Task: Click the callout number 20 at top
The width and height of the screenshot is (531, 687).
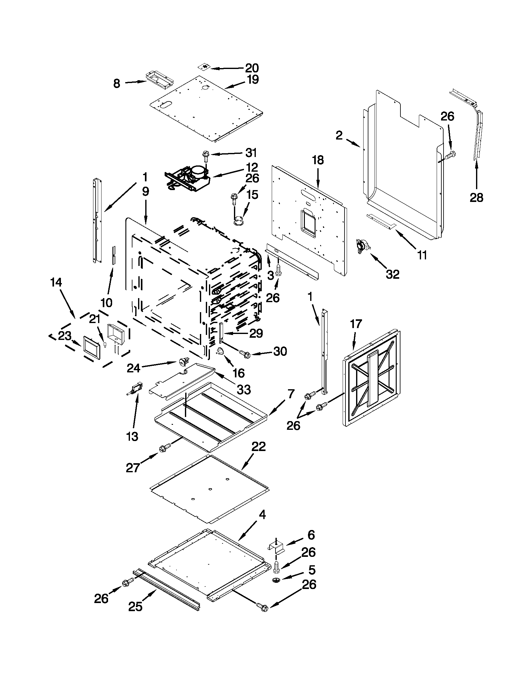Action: [x=252, y=68]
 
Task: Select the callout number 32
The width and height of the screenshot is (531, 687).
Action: [x=393, y=274]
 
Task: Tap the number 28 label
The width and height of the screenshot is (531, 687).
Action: [x=476, y=198]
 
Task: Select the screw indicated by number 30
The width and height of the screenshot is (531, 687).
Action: [x=244, y=353]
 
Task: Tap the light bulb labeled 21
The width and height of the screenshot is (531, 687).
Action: [x=105, y=346]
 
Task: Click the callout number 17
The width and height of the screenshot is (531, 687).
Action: [x=356, y=323]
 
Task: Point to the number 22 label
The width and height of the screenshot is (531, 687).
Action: [x=258, y=446]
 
